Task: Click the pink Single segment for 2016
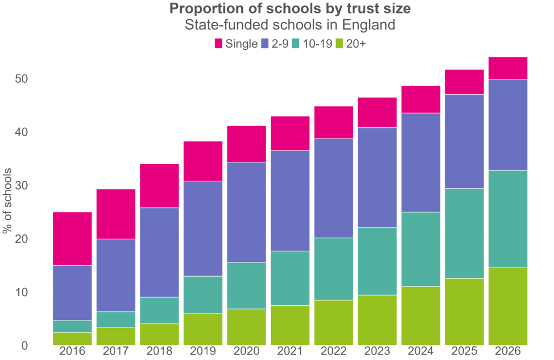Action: click(x=72, y=239)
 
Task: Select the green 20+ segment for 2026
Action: click(x=507, y=306)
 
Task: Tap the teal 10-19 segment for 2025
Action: click(x=464, y=233)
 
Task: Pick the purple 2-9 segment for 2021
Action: click(x=290, y=201)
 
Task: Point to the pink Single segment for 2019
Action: click(x=203, y=161)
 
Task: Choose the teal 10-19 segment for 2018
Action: click(x=159, y=310)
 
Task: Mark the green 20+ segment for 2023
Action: click(x=377, y=320)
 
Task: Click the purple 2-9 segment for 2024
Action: click(x=420, y=162)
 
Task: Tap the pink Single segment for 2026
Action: click(x=507, y=68)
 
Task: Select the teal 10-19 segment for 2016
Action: click(x=72, y=326)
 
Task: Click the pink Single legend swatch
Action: click(x=219, y=43)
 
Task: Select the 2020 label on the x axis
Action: click(x=246, y=352)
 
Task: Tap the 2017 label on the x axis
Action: click(x=116, y=352)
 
